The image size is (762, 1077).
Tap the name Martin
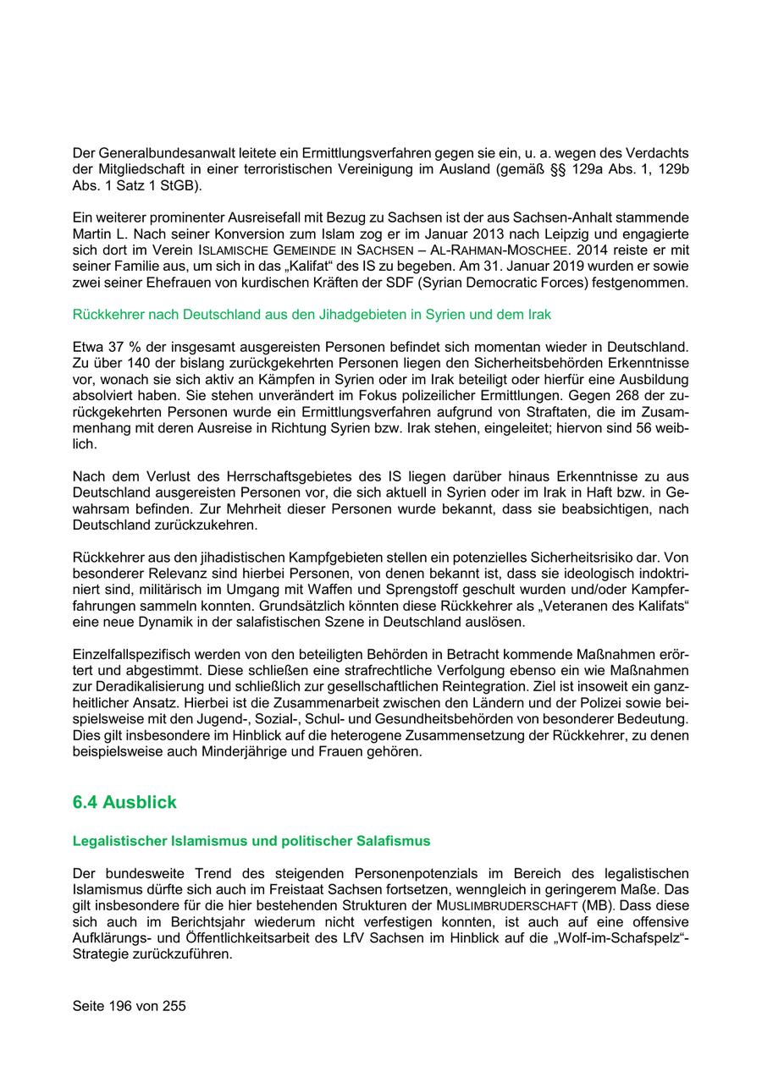[92, 234]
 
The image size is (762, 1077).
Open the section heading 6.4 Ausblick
[124, 803]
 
